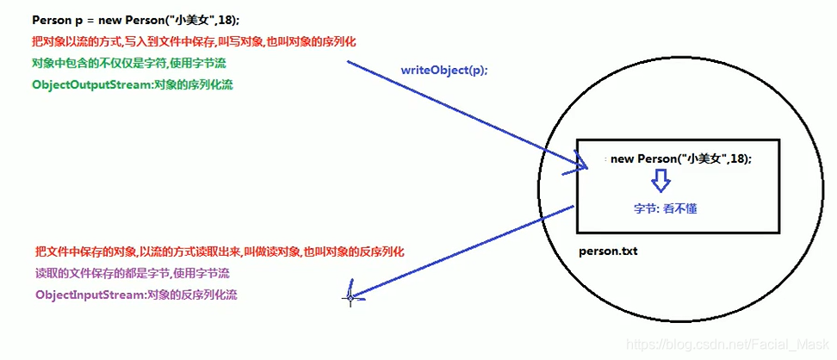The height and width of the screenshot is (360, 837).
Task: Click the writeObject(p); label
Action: [x=443, y=70]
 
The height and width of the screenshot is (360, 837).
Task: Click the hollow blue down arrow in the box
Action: [x=660, y=180]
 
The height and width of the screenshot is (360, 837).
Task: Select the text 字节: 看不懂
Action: [x=671, y=208]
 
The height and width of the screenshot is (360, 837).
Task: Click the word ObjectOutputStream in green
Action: [x=85, y=84]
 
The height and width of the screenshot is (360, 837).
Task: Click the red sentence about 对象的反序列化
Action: [x=220, y=251]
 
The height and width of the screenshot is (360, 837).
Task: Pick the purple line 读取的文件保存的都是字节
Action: [x=131, y=273]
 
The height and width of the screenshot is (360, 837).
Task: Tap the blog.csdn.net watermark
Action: [x=728, y=344]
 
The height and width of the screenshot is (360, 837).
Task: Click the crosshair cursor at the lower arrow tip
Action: [x=350, y=297]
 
